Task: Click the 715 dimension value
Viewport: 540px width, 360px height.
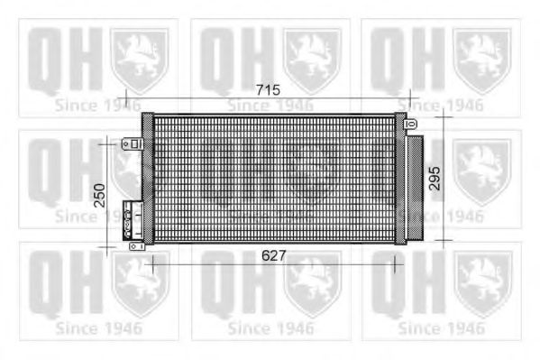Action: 269,90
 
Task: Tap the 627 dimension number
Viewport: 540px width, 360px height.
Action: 274,255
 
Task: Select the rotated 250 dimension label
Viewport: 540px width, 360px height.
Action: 99,196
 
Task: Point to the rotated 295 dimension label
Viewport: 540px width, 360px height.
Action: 435,179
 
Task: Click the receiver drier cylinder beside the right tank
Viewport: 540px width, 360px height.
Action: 415,188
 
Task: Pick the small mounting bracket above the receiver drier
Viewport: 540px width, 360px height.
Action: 412,124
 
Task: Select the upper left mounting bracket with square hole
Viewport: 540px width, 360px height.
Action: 133,143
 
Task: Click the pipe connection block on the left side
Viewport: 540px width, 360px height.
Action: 133,221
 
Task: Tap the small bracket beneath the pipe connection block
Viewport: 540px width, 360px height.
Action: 137,246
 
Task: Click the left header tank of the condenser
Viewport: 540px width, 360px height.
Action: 148,179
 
